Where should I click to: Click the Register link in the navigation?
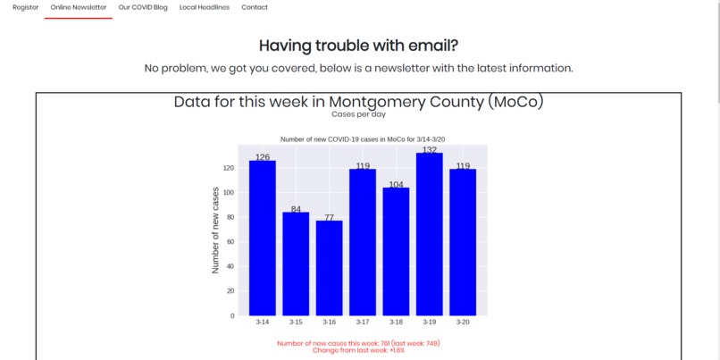(x=26, y=7)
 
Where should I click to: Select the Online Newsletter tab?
(x=79, y=7)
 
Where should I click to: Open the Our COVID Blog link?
(x=143, y=7)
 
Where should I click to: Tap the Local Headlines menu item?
(x=204, y=7)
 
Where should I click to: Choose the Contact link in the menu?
(x=255, y=7)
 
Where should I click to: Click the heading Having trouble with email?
(x=358, y=46)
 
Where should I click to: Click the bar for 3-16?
(x=329, y=267)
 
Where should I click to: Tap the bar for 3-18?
(x=396, y=251)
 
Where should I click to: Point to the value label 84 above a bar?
(x=296, y=209)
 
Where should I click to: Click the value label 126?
(x=263, y=157)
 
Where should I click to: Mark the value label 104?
(x=396, y=185)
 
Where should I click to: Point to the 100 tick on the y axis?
(x=228, y=192)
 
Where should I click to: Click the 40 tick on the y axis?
(x=230, y=266)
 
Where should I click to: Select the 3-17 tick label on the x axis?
(x=363, y=322)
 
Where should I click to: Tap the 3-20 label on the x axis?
(x=463, y=322)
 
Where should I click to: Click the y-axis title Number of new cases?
(x=215, y=230)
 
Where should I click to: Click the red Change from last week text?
(x=358, y=350)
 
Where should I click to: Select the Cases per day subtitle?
(x=358, y=114)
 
